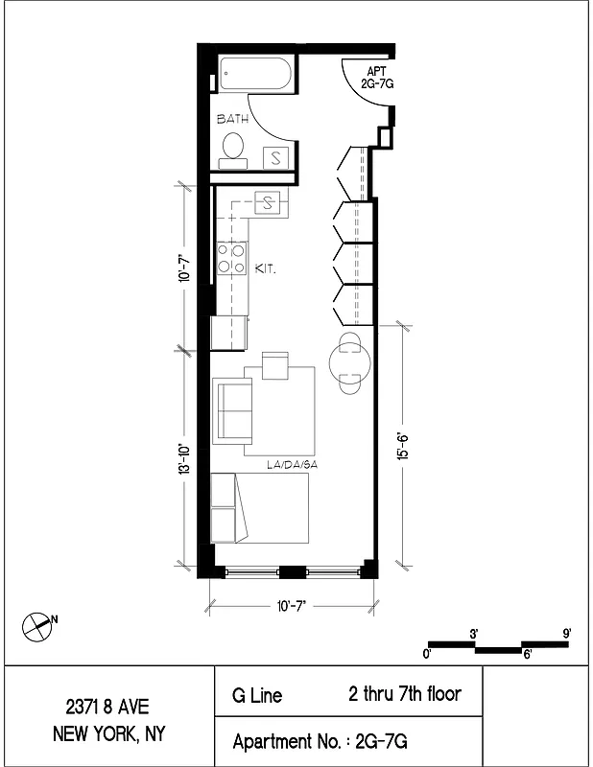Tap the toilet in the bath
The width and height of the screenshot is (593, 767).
[232, 147]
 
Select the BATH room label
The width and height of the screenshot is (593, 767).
[232, 120]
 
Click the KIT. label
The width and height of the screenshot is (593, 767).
[266, 270]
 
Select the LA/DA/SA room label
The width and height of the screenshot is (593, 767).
[292, 465]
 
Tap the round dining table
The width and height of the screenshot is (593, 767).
[346, 363]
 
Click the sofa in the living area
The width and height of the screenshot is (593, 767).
[231, 407]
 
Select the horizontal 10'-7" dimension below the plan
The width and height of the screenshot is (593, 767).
[290, 605]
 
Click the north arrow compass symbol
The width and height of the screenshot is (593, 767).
[36, 625]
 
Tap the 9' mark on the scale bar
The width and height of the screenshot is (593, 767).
[568, 633]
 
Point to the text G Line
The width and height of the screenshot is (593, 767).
[257, 695]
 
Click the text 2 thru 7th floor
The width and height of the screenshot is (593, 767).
[404, 693]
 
